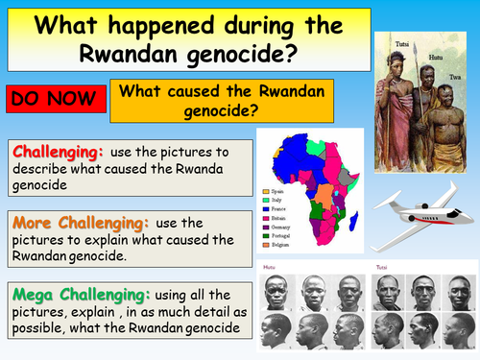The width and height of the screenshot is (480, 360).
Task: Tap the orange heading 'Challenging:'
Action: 58,151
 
